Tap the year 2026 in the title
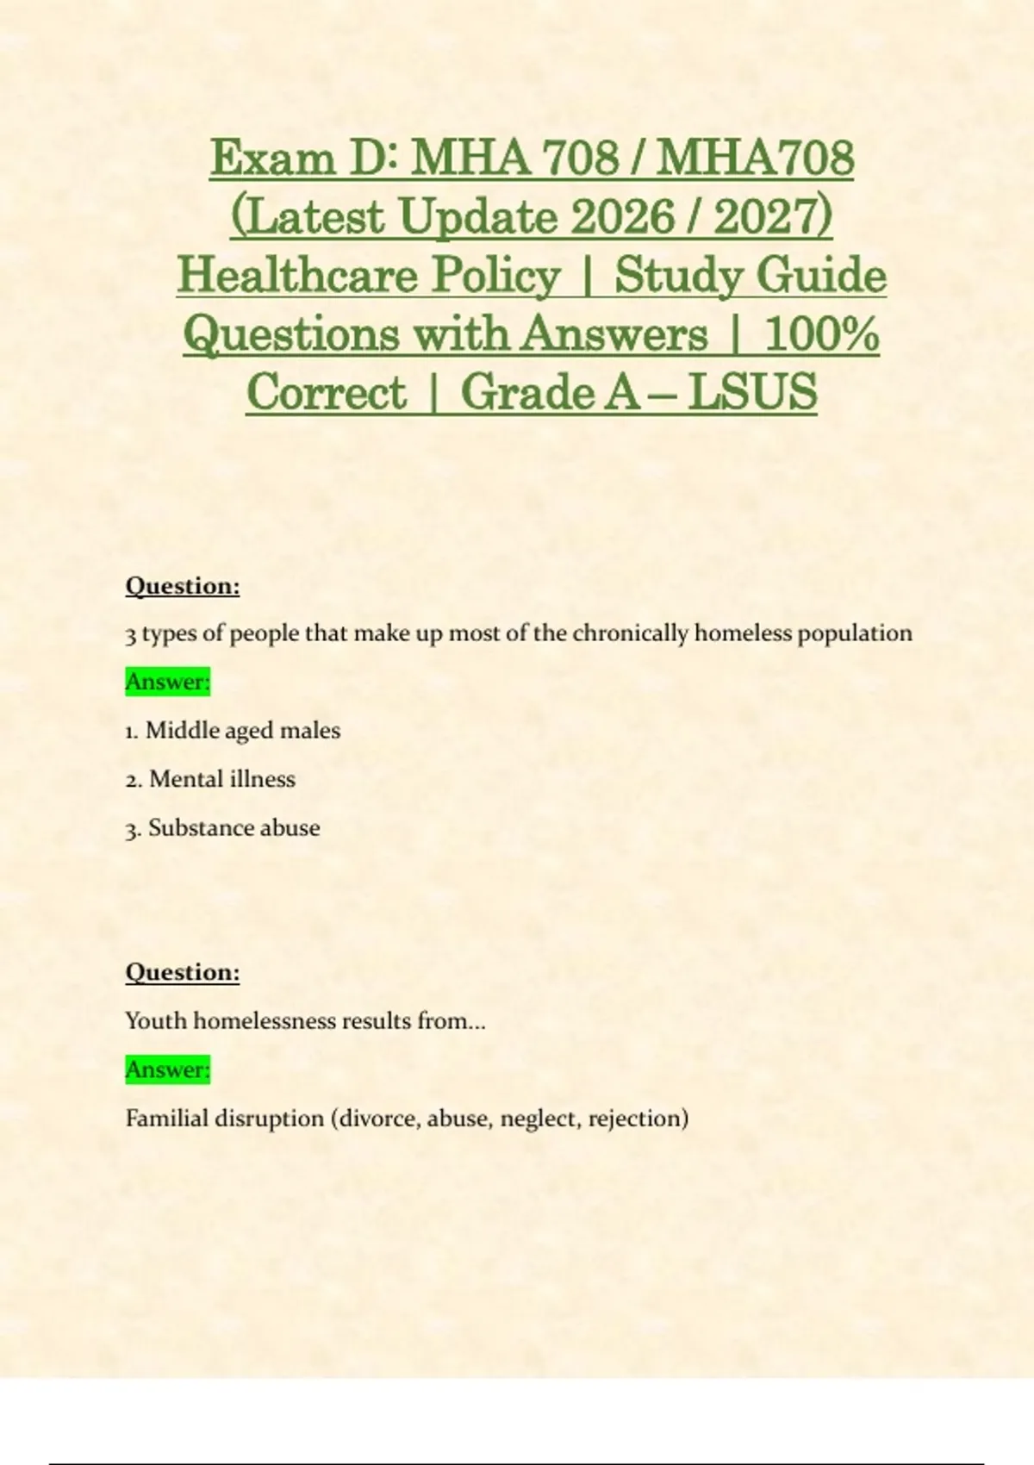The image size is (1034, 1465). click(621, 216)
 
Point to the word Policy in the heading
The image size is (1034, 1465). click(496, 276)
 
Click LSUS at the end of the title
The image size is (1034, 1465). click(753, 393)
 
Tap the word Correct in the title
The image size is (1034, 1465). click(326, 393)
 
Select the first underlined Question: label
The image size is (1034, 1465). click(183, 586)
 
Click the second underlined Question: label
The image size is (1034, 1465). click(183, 972)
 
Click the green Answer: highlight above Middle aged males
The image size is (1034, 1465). click(168, 682)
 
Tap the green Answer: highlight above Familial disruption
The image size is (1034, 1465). click(168, 1069)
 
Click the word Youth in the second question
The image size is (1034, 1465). click(156, 1021)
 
